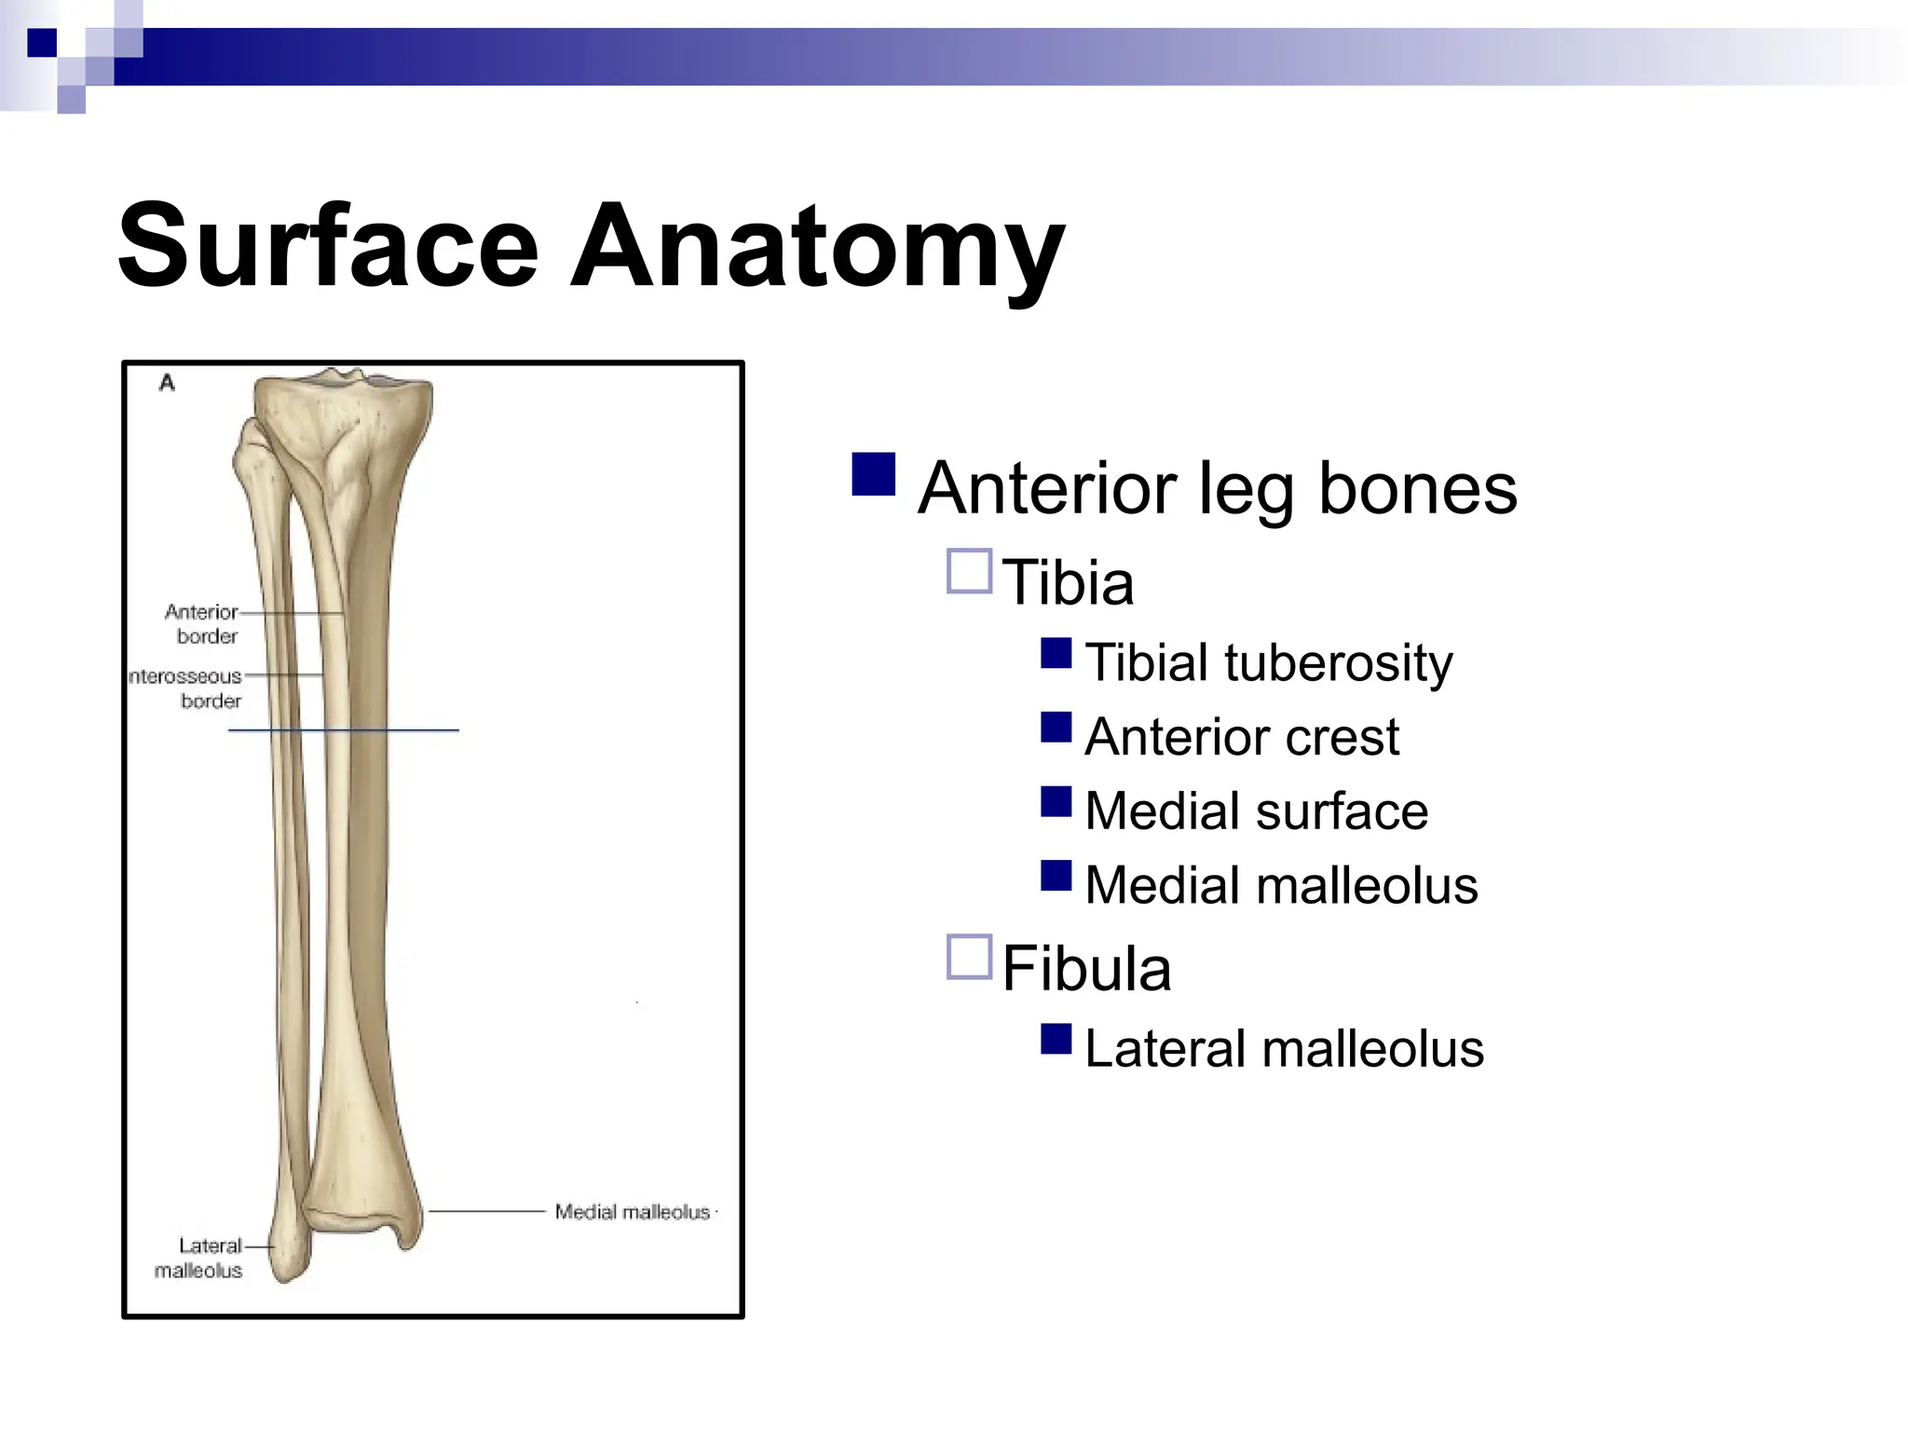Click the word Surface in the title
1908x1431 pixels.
click(x=328, y=247)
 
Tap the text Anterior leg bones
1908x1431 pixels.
click(x=1217, y=488)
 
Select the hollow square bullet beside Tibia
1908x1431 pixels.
click(x=969, y=571)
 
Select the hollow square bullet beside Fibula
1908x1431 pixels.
click(x=969, y=957)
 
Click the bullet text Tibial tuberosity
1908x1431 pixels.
click(x=1268, y=662)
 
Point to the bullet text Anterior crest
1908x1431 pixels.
click(x=1241, y=737)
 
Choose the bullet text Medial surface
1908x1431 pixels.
click(x=1256, y=811)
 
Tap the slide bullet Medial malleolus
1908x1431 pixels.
click(x=1281, y=885)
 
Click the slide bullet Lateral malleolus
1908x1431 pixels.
click(x=1284, y=1049)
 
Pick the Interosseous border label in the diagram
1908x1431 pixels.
click(x=186, y=688)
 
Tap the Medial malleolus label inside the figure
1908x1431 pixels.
click(x=633, y=1212)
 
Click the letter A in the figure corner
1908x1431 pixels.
click(x=167, y=383)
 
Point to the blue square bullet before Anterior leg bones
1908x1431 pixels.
click(x=873, y=474)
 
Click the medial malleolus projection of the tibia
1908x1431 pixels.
click(x=408, y=1234)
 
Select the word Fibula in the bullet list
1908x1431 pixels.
click(x=1086, y=969)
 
